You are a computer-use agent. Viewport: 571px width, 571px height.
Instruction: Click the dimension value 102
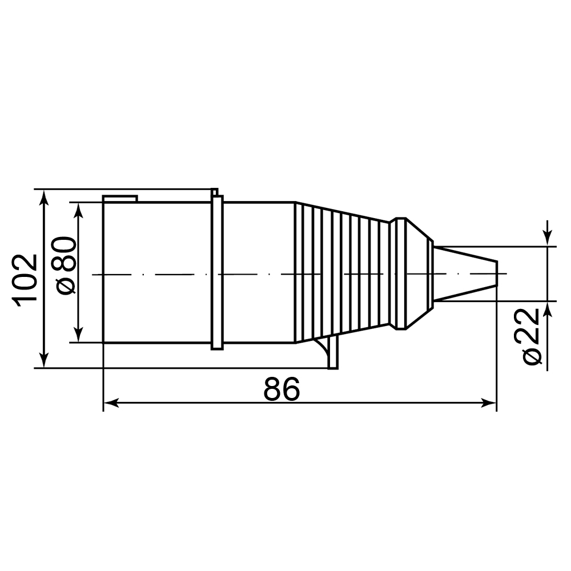[25, 278]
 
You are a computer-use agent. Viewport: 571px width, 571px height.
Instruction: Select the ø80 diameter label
[66, 266]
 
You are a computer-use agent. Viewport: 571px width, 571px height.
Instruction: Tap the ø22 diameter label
[530, 336]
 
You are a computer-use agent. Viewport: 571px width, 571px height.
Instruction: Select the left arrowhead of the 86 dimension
[111, 403]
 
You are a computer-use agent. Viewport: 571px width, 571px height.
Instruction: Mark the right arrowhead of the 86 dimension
[489, 403]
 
